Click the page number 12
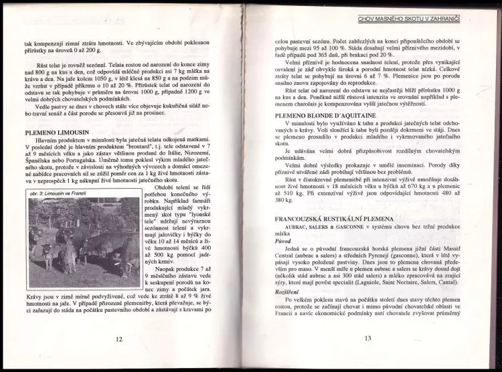pos(119,339)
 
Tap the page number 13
pos(368,339)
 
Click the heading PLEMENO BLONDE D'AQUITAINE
pos(325,115)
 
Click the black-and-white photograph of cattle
pos(84,243)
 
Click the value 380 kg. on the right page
pos(285,199)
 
